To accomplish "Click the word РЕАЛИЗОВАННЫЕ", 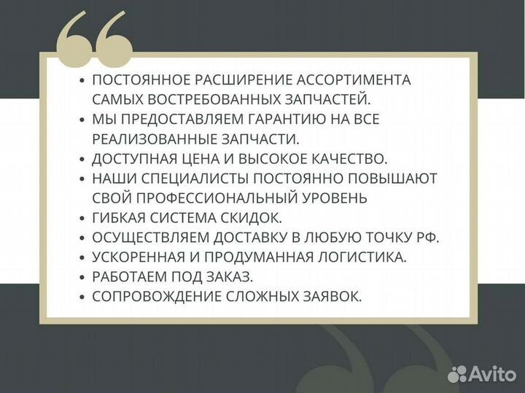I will pyautogui.click(x=165, y=139).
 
